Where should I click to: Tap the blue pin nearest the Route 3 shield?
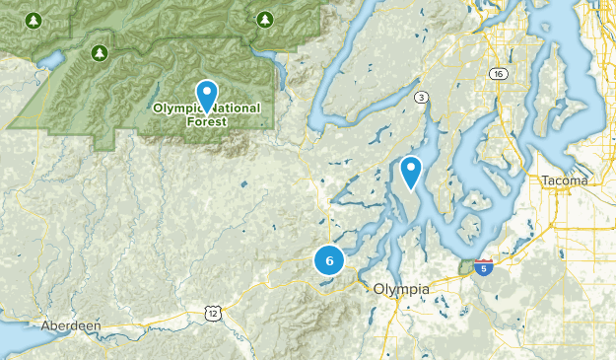[x=411, y=171]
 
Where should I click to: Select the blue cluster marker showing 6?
[x=329, y=261]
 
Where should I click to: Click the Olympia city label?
[x=401, y=288]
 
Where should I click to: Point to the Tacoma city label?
[x=565, y=180]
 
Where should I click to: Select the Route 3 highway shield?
[x=422, y=96]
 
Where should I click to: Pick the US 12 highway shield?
[x=212, y=313]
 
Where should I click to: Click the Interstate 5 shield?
[x=483, y=266]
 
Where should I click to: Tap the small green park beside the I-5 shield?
[x=466, y=267]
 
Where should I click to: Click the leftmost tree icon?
[x=34, y=20]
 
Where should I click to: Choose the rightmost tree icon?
[x=264, y=19]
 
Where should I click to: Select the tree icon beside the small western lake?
[x=98, y=51]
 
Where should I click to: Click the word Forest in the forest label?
[x=205, y=122]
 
